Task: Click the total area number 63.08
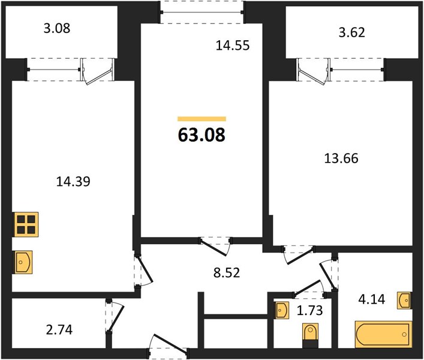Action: (202, 134)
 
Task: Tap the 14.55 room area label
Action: (233, 45)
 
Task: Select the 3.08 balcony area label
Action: (57, 28)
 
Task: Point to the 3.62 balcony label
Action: (352, 32)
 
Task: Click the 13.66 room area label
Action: (341, 158)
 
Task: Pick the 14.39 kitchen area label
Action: (73, 181)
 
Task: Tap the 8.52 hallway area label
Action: (227, 272)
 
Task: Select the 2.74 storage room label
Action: (59, 330)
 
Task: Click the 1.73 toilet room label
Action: (309, 311)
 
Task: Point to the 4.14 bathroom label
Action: (372, 299)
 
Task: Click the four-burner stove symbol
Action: (26, 224)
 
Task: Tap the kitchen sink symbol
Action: (23, 262)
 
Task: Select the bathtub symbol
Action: (383, 334)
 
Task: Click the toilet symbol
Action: (311, 335)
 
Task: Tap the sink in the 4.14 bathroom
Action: (405, 300)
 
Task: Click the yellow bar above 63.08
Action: (202, 119)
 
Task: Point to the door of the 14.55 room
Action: (215, 247)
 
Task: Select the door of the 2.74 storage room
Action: (116, 317)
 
